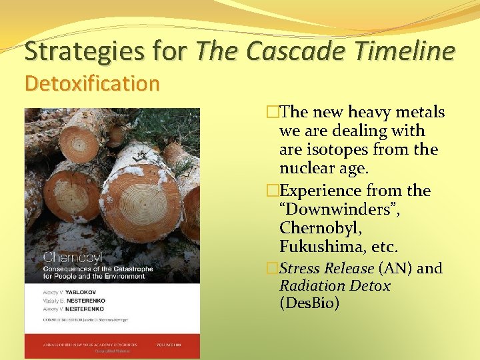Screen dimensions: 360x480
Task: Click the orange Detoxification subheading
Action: coord(92,84)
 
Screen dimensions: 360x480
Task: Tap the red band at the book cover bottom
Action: coord(111,345)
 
